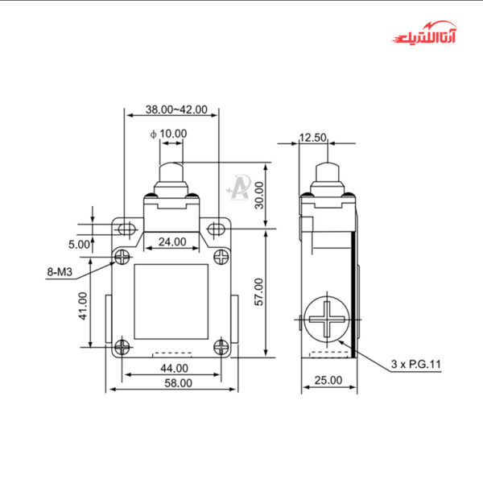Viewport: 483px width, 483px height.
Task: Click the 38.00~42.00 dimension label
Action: point(176,109)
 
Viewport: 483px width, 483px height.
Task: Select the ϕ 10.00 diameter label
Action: point(169,133)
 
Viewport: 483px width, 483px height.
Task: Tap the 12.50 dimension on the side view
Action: point(312,138)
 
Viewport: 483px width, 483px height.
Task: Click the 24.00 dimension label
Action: point(171,241)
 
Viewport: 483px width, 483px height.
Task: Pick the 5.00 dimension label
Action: point(79,244)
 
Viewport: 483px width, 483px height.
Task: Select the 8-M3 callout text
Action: point(60,273)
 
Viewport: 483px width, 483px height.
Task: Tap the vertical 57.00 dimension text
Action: point(259,291)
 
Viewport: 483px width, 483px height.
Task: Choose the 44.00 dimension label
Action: point(174,368)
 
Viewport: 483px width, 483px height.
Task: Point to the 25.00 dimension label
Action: point(328,380)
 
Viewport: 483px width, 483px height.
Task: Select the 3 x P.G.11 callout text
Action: point(416,365)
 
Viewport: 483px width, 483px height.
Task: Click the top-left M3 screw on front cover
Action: point(122,257)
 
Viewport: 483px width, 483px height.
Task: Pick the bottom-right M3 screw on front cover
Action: point(223,347)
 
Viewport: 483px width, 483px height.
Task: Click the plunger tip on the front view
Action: point(171,171)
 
